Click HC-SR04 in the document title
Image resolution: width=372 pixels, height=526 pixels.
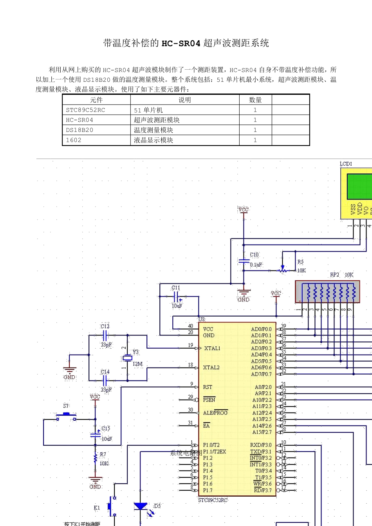pos(181,43)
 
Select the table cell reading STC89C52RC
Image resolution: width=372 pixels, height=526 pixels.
pos(85,110)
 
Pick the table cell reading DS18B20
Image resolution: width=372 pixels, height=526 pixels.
pos(79,130)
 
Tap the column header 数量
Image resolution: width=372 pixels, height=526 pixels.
pos(255,100)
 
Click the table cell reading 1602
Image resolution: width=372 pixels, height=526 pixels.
pos(74,140)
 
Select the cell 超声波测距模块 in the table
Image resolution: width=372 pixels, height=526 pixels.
pos(157,120)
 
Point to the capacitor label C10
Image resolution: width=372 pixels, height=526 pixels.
pos(254,255)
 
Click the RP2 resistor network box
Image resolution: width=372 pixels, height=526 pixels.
pos(327,292)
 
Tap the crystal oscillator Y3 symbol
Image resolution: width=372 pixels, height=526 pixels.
pos(127,358)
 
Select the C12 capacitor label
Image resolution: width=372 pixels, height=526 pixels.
pos(105,326)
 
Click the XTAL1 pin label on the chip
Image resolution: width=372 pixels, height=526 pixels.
pos(212,348)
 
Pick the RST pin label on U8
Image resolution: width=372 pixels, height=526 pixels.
pos(208,387)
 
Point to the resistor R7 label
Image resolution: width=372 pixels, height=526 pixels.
pos(103,454)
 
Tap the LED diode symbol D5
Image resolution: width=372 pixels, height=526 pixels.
pos(140,506)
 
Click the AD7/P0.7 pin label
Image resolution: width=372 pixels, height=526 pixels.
pos(261,374)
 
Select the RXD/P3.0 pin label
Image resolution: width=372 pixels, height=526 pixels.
pos(261,445)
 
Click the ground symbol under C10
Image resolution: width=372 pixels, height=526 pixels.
pos(244,293)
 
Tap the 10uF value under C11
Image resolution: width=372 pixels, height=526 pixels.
pos(177,306)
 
